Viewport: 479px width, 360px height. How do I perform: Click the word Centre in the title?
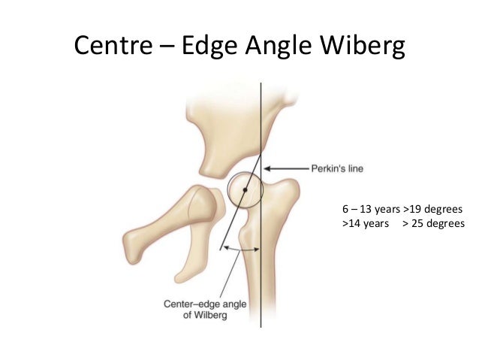[x=113, y=45]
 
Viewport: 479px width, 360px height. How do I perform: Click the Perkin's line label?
[x=337, y=168]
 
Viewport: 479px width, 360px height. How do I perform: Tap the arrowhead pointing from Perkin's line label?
[x=267, y=168]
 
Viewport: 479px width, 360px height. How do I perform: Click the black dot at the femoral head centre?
[x=245, y=190]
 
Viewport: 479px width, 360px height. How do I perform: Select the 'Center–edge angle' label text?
[x=205, y=304]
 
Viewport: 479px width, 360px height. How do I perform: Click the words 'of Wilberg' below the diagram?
[x=205, y=315]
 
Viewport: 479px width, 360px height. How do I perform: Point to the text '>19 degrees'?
[x=433, y=209]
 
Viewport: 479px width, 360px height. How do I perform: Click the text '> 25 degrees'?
[x=433, y=223]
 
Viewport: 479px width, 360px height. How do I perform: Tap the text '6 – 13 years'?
[x=371, y=209]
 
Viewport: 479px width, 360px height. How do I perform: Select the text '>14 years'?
[x=366, y=223]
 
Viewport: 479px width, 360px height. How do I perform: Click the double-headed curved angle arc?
[x=241, y=250]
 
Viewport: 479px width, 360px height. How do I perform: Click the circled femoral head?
[x=245, y=190]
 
